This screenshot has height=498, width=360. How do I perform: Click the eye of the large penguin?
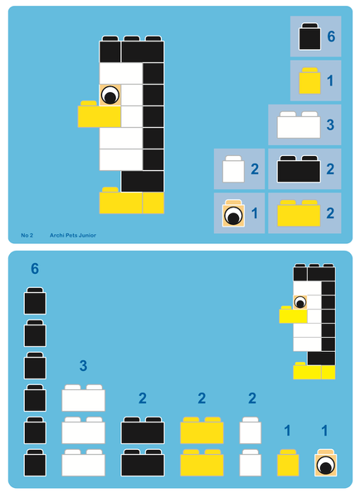[x=109, y=95]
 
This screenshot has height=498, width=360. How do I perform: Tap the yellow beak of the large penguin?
[x=99, y=115]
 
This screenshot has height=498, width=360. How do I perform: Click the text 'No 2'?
[x=27, y=236]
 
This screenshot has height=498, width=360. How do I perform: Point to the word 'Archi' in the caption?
[x=57, y=236]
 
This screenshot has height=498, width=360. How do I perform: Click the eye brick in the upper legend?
[x=234, y=214]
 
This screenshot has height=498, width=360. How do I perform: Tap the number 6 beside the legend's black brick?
[x=331, y=37]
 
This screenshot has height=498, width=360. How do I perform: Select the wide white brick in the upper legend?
[x=299, y=125]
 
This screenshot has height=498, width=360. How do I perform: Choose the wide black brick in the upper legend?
[x=299, y=168]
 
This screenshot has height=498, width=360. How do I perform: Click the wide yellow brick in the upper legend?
[x=299, y=213]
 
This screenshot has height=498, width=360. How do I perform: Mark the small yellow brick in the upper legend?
[x=309, y=81]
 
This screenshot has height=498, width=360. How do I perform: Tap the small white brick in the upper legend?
[x=233, y=170]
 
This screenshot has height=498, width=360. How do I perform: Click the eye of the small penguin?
[x=300, y=302]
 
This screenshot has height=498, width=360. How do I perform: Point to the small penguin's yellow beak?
[x=293, y=315]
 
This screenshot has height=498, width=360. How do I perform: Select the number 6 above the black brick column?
[x=35, y=269]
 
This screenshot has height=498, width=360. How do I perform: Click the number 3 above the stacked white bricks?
[x=83, y=366]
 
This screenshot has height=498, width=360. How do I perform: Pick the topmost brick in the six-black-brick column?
[x=35, y=301]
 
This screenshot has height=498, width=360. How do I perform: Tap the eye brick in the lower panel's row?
[x=325, y=463]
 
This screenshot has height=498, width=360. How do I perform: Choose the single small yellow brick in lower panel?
[x=288, y=463]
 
